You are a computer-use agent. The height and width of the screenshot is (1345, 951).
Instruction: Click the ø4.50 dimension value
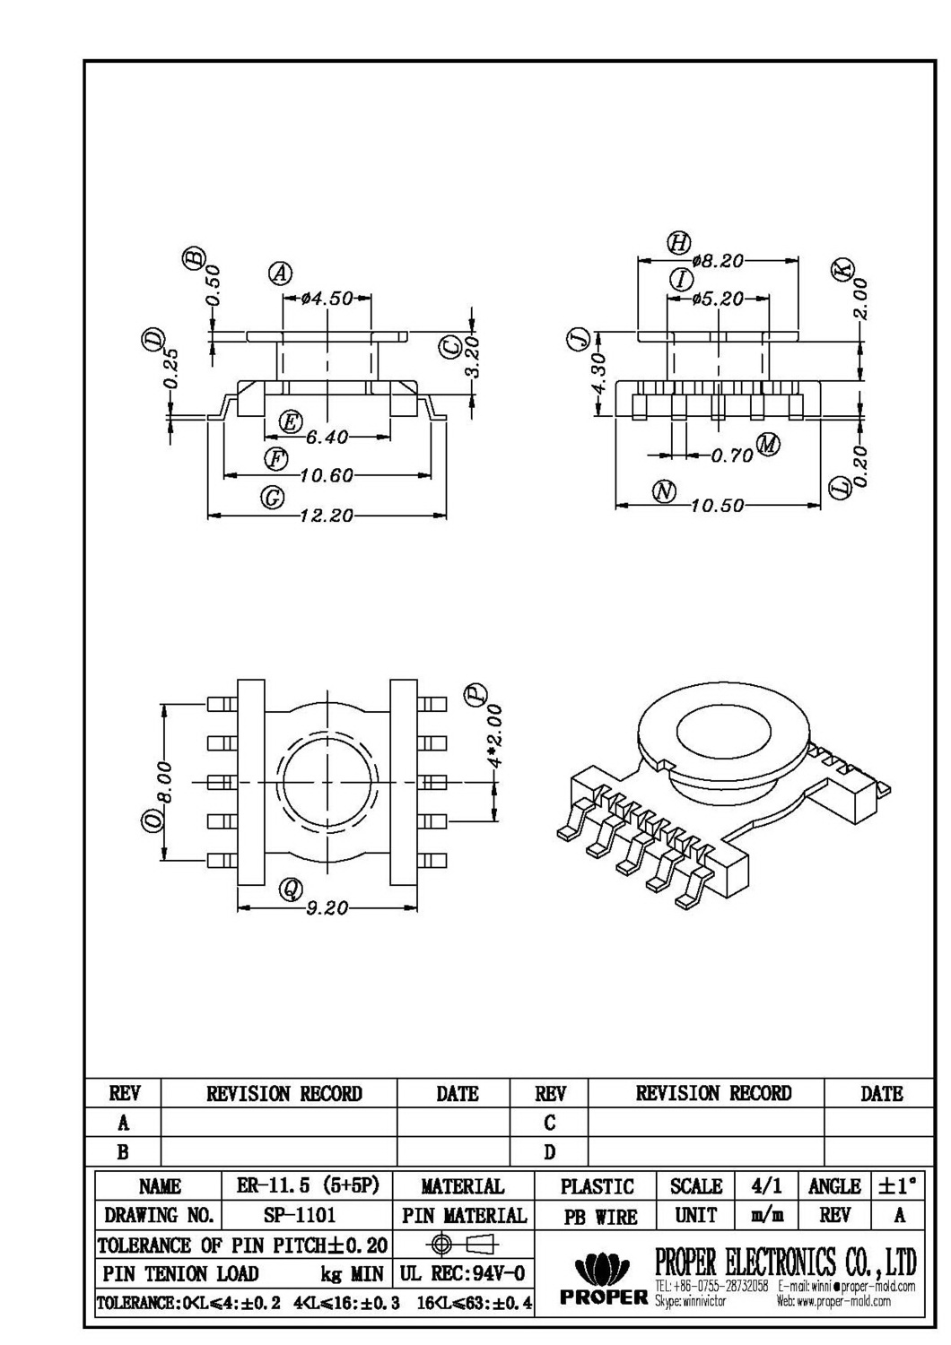(x=327, y=299)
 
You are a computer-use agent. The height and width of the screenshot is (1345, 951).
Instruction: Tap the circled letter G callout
(x=272, y=499)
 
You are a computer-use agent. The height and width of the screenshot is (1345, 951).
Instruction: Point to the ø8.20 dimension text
(x=718, y=261)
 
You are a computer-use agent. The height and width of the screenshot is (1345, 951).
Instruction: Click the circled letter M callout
(x=769, y=443)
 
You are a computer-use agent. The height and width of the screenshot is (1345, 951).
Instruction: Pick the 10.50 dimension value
(x=718, y=506)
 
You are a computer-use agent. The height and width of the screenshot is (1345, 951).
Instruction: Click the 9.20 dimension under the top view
(x=327, y=908)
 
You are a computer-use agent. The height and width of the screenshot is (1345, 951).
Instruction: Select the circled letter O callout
(x=154, y=820)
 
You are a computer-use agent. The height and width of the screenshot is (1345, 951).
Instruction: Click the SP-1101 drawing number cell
(x=300, y=1216)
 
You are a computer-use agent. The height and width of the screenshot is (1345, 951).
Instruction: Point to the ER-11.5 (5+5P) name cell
(x=308, y=1185)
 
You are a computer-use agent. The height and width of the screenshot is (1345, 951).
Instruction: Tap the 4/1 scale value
(x=764, y=1185)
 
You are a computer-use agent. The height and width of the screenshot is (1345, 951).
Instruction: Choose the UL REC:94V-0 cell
(x=462, y=1273)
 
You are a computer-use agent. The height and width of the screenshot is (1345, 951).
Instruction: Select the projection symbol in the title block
(x=464, y=1244)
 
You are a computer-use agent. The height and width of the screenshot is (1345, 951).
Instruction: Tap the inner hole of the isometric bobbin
(x=723, y=736)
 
